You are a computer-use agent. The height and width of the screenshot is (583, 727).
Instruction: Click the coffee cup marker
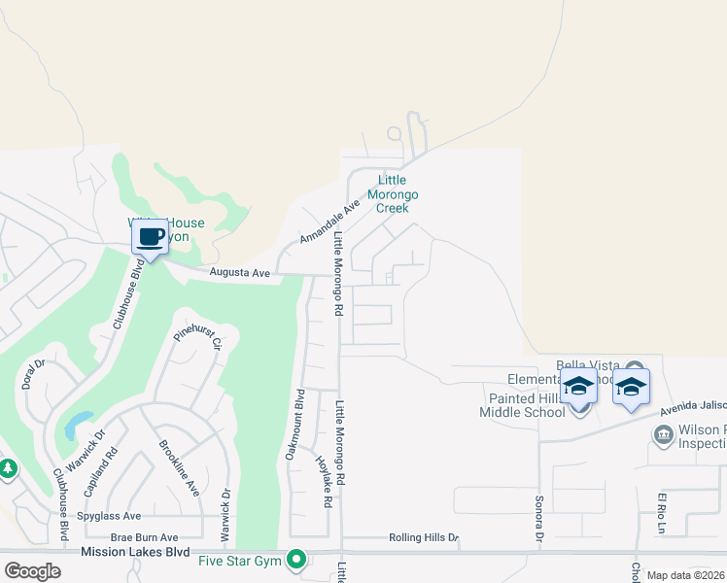coord(149,236)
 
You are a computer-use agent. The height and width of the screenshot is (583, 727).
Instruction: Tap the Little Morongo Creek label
coord(393,193)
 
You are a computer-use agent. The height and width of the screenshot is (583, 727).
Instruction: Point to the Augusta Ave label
coord(240,274)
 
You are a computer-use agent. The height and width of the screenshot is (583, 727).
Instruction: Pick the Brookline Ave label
coord(178,468)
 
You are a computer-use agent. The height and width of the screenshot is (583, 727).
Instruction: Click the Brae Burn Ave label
coord(144,537)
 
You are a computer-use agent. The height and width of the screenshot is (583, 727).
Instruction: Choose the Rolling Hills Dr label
coord(423,537)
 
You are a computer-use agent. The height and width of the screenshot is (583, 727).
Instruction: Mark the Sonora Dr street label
coord(537,518)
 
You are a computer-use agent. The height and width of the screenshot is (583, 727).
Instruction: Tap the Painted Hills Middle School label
coord(522,405)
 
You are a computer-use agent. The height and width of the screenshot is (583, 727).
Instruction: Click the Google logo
coord(33,570)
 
